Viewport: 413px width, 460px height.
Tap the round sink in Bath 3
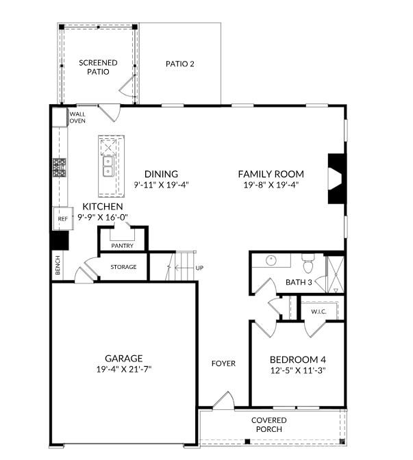pyautogui.click(x=271, y=260)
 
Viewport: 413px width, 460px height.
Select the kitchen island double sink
pyautogui.click(x=108, y=166)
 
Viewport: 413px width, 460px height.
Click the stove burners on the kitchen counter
pyautogui.click(x=60, y=168)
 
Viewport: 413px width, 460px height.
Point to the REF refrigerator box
pyautogui.click(x=63, y=218)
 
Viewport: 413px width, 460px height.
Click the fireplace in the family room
pyautogui.click(x=337, y=179)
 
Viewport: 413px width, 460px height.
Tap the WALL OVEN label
pyautogui.click(x=77, y=117)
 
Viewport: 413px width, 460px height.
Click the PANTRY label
pyautogui.click(x=123, y=246)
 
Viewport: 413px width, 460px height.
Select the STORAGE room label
pyautogui.click(x=123, y=267)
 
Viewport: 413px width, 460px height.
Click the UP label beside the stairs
pyautogui.click(x=199, y=268)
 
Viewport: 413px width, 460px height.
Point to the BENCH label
pyautogui.click(x=58, y=265)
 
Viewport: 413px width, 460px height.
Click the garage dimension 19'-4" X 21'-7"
pyautogui.click(x=124, y=370)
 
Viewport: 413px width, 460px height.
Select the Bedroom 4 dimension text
pyautogui.click(x=298, y=370)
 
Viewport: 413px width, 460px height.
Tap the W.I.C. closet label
pyautogui.click(x=319, y=311)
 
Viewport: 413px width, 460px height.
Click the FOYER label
pyautogui.click(x=224, y=363)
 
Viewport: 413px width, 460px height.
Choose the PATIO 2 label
pyautogui.click(x=180, y=64)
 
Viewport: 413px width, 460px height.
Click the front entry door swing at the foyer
pyautogui.click(x=224, y=400)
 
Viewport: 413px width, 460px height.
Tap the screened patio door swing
pyautogui.click(x=128, y=86)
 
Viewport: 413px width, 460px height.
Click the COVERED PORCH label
pyautogui.click(x=269, y=424)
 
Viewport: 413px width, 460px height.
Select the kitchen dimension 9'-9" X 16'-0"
pyautogui.click(x=103, y=218)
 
